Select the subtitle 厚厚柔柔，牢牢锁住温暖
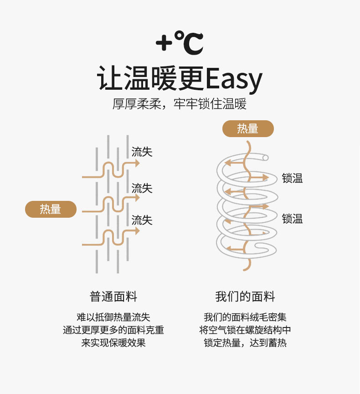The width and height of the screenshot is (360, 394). [x=180, y=104]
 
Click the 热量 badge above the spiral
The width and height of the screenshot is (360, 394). [x=248, y=129]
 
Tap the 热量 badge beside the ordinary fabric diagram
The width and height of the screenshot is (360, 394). [x=51, y=209]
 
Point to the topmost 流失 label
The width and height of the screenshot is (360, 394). [x=142, y=152]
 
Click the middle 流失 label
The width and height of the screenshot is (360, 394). [x=142, y=188]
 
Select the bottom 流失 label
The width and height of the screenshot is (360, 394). [x=142, y=220]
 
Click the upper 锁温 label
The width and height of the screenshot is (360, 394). [x=292, y=179]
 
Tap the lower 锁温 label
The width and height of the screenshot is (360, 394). [x=292, y=219]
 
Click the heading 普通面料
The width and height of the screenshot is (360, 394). [x=113, y=297]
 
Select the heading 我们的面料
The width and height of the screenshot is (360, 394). [x=245, y=297]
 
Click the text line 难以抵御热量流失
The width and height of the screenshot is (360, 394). [x=113, y=317]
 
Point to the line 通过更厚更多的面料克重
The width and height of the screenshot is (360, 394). [x=113, y=330]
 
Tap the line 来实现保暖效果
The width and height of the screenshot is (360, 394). [x=113, y=343]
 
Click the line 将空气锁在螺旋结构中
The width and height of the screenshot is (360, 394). [x=245, y=330]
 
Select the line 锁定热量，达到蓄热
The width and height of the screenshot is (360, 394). [x=245, y=343]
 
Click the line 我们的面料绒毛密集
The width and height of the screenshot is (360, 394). [x=245, y=317]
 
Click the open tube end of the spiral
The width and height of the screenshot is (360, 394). [x=265, y=158]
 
